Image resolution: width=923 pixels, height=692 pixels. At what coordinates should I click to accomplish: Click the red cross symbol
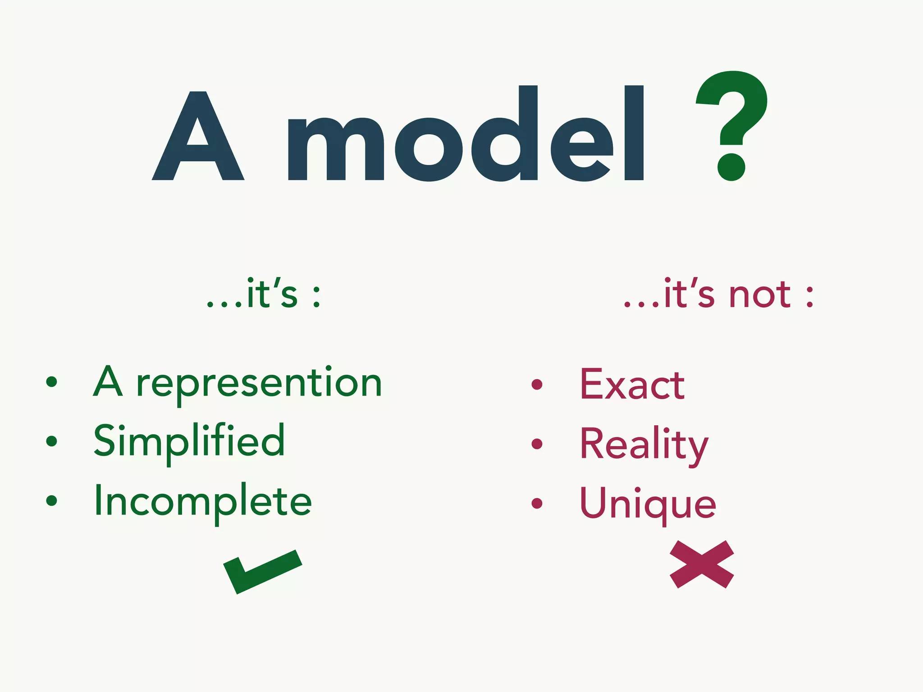click(x=702, y=564)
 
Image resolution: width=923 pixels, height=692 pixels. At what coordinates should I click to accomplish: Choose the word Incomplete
click(x=203, y=501)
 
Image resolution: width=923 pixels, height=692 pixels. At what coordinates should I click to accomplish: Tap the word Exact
click(x=632, y=385)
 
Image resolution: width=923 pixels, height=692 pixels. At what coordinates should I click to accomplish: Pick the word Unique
click(x=648, y=504)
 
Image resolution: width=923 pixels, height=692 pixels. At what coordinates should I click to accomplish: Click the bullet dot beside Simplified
click(x=52, y=441)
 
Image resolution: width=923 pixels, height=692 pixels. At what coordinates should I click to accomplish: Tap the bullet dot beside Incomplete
click(x=52, y=500)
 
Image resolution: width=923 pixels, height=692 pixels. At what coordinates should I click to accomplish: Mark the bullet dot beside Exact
click(x=537, y=384)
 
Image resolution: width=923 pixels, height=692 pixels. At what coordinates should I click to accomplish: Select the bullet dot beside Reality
click(x=537, y=444)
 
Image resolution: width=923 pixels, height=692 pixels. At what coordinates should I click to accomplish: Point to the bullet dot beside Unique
click(x=537, y=503)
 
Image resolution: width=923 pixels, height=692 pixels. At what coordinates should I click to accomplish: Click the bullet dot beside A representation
click(x=52, y=382)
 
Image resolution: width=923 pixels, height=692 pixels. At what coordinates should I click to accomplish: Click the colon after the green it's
click(x=316, y=297)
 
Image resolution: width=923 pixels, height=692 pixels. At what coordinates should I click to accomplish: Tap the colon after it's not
click(x=810, y=297)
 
